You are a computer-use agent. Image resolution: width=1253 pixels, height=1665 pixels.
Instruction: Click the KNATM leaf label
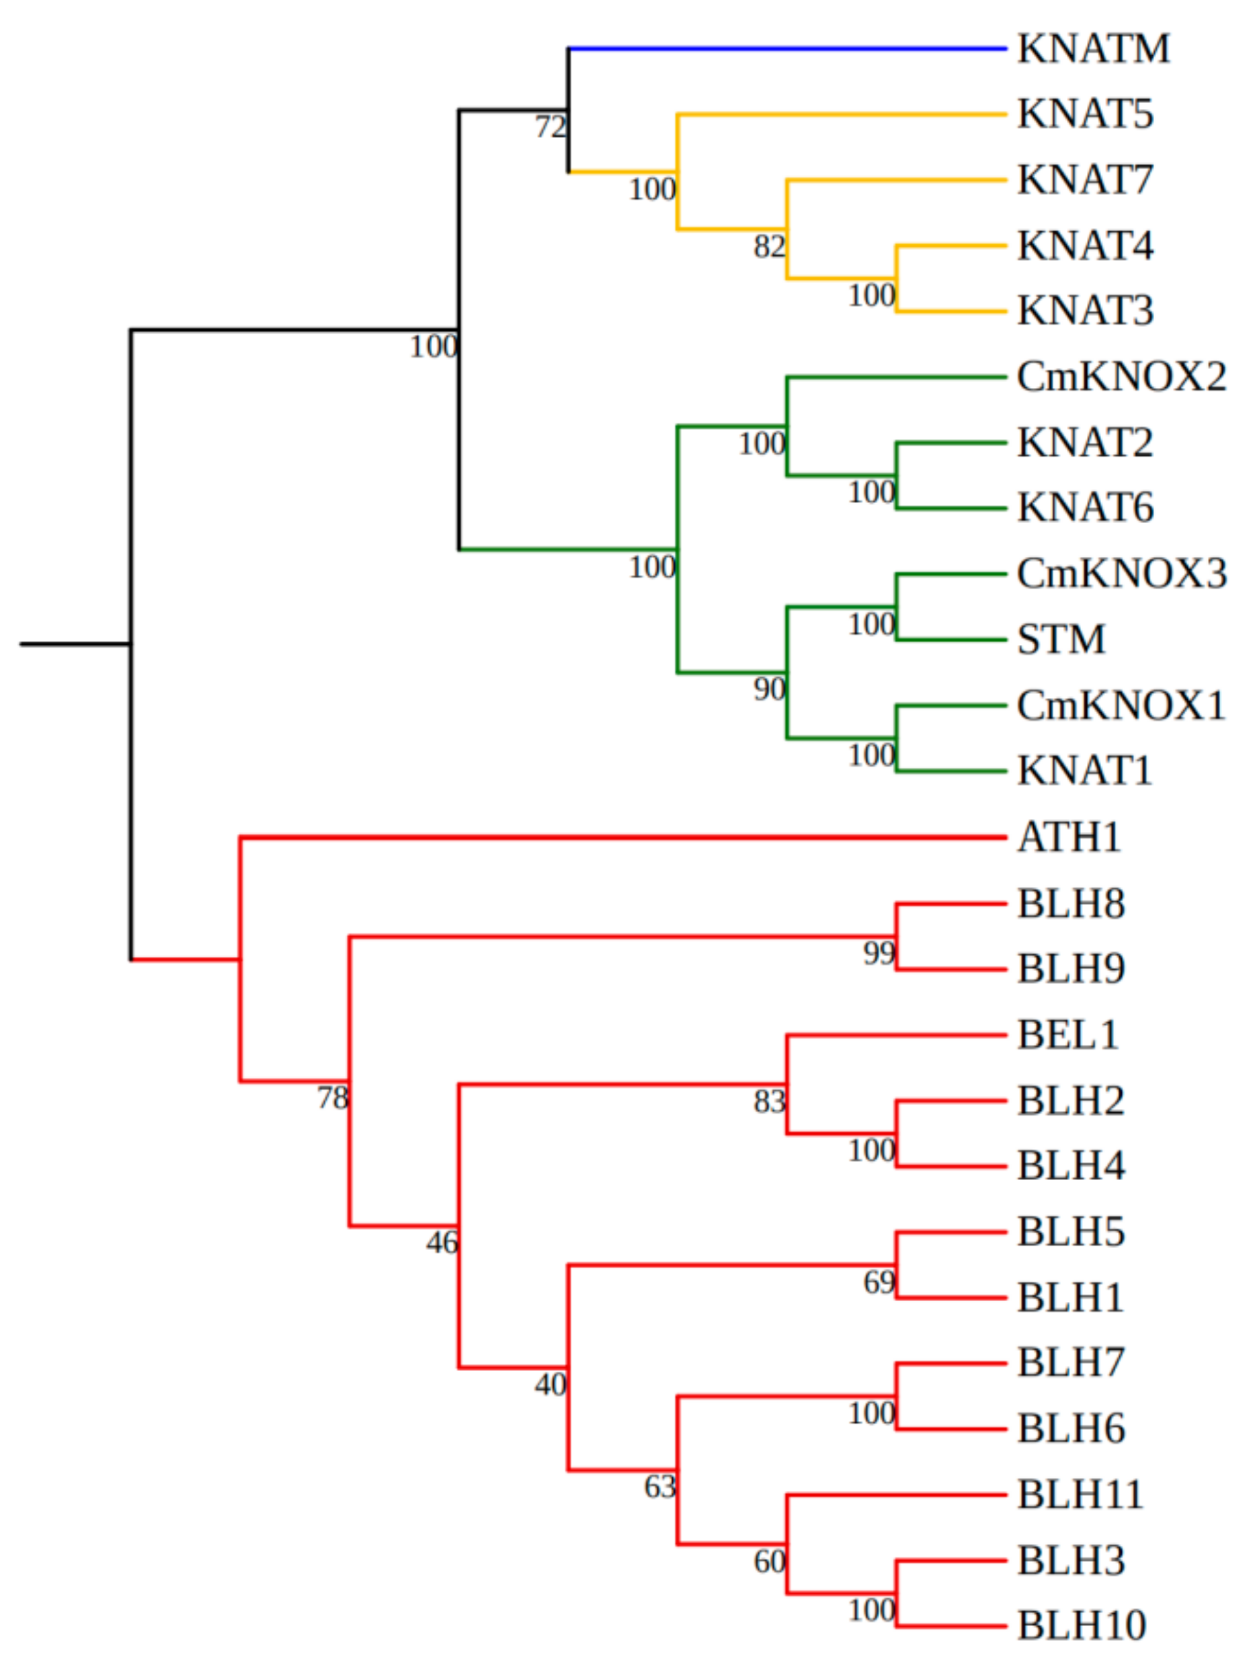(x=1093, y=49)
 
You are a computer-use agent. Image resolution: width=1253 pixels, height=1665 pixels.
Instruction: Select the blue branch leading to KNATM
(x=786, y=49)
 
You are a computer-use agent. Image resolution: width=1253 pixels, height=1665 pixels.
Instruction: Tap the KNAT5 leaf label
(x=1084, y=114)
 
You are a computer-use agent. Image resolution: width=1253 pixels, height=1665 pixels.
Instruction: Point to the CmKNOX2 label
(x=1121, y=377)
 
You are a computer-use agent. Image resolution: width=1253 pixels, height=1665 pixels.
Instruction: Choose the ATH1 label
(x=1069, y=837)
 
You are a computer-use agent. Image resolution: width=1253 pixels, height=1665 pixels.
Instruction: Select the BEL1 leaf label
(x=1067, y=1035)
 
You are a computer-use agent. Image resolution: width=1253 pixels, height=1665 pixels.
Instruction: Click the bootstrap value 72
(x=550, y=127)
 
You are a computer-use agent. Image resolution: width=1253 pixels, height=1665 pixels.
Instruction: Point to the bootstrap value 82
(x=769, y=246)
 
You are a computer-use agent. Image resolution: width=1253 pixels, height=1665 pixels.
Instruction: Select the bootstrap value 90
(x=769, y=689)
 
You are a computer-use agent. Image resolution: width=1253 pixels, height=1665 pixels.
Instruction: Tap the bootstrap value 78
(x=332, y=1098)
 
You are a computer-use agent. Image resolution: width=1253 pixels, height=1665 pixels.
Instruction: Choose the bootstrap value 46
(x=442, y=1243)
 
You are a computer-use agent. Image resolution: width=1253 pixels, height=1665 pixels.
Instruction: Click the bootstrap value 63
(x=660, y=1487)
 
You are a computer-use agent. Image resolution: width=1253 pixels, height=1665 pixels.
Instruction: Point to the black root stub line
(x=75, y=644)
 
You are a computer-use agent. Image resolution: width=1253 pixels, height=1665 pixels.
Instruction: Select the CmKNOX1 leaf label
(x=1121, y=706)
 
